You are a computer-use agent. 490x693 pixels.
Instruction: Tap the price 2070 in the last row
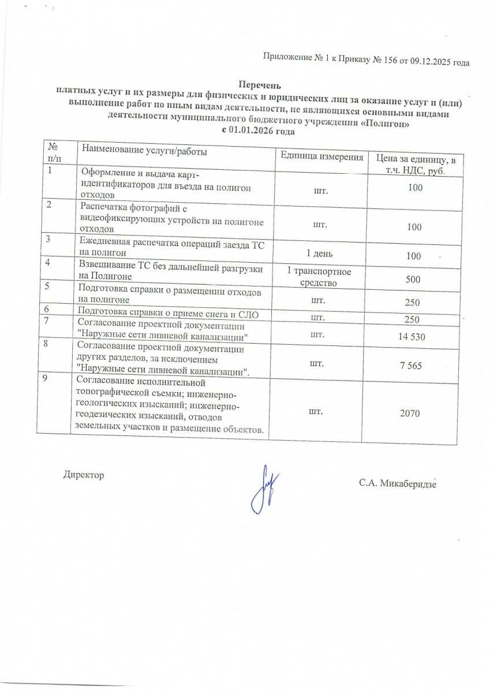click(x=413, y=413)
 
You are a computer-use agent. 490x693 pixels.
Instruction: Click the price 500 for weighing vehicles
click(x=413, y=280)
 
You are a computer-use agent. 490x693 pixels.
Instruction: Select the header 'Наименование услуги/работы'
click(x=144, y=151)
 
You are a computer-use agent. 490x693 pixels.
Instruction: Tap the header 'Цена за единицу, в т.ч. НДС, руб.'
click(x=416, y=165)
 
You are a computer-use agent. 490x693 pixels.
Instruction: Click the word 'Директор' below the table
click(x=83, y=475)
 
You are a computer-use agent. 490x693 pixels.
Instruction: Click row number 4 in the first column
click(x=49, y=263)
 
